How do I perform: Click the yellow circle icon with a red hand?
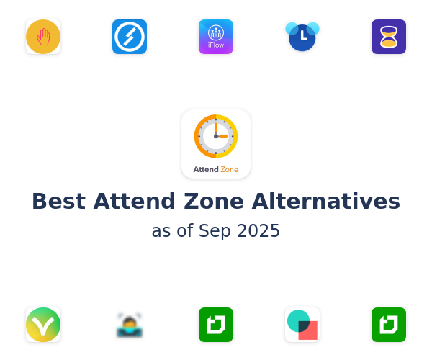[43, 37]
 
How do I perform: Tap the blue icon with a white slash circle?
[130, 37]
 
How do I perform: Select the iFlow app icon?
[216, 37]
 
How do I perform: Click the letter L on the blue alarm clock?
[303, 36]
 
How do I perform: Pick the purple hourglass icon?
[389, 37]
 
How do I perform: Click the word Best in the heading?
[59, 202]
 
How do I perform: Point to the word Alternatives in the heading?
[325, 202]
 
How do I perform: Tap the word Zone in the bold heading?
[214, 202]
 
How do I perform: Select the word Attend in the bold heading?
[135, 202]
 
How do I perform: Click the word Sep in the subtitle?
[215, 231]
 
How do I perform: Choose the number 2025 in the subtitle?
[258, 230]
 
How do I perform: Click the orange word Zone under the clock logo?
[229, 169]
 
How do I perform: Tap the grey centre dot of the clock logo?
[216, 136]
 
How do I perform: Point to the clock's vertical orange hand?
[216, 129]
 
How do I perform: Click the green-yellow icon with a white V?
[43, 325]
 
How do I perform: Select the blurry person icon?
[130, 325]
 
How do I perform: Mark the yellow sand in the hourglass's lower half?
[389, 43]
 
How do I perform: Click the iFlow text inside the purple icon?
[216, 45]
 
